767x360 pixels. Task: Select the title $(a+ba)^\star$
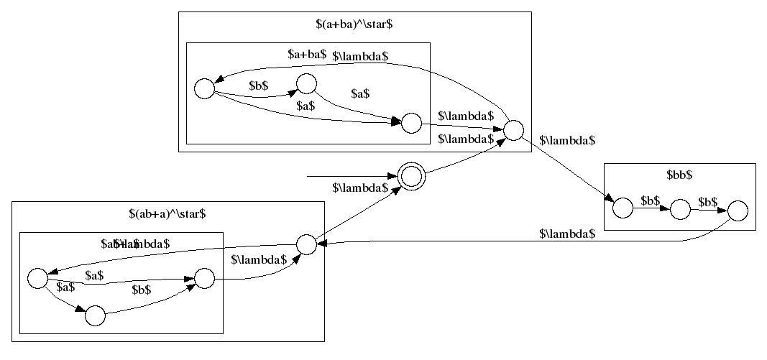point(354,24)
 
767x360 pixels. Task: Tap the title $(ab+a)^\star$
point(167,213)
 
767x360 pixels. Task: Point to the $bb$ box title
point(679,175)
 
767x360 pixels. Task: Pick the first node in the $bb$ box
point(623,208)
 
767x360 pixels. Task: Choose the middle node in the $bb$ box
point(679,211)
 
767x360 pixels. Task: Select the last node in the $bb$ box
point(738,211)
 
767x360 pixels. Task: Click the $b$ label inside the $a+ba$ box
point(259,85)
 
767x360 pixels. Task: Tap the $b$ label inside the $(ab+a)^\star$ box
point(141,290)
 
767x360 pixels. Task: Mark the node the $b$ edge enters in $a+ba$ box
point(306,83)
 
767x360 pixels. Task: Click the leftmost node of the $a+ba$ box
point(204,88)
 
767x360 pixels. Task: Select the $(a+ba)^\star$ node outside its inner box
point(513,131)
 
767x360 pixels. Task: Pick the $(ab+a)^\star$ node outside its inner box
point(306,244)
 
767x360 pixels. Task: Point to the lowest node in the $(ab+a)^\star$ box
point(95,315)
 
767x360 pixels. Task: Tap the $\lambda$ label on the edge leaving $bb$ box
point(567,234)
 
